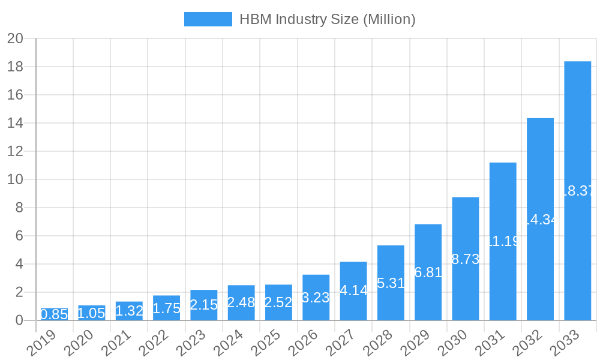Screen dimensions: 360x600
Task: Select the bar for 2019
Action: click(x=54, y=314)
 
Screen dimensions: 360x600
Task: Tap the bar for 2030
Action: click(x=466, y=259)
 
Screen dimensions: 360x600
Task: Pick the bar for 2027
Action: click(x=353, y=291)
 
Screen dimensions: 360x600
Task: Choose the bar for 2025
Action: click(x=278, y=302)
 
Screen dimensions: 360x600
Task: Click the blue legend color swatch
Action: click(x=208, y=19)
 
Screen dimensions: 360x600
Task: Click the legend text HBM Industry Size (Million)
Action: click(x=327, y=19)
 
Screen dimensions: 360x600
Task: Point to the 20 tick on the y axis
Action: click(x=15, y=39)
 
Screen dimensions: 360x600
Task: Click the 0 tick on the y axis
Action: click(x=19, y=320)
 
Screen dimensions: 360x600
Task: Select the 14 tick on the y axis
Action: click(x=15, y=123)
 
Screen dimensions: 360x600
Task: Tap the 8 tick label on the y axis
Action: click(x=19, y=208)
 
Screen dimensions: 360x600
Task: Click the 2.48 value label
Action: click(x=241, y=302)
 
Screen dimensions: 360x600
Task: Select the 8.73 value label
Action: click(x=466, y=259)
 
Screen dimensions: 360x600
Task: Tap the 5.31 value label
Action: click(x=391, y=283)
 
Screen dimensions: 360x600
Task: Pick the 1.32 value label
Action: click(x=129, y=311)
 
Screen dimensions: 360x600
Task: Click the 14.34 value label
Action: click(x=540, y=220)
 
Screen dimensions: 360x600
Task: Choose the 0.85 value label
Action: click(x=54, y=314)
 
